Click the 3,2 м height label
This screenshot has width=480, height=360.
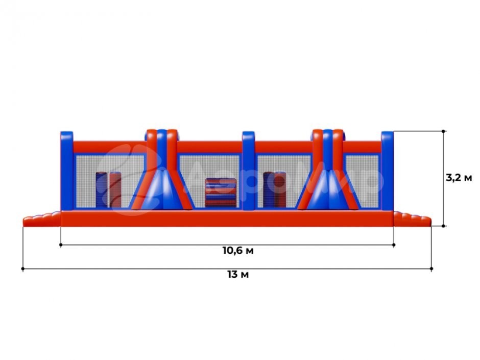459,178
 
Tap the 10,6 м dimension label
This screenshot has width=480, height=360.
238,250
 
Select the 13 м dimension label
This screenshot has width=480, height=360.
238,274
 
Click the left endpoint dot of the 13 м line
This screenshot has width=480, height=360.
22,269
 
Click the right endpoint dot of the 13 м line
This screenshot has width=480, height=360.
431,269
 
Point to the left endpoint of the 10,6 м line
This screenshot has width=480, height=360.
61,245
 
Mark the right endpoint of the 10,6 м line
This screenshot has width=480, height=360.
394,245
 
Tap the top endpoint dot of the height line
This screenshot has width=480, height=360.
443,131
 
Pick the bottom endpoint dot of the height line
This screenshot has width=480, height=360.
443,226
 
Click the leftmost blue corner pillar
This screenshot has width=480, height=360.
67,171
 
